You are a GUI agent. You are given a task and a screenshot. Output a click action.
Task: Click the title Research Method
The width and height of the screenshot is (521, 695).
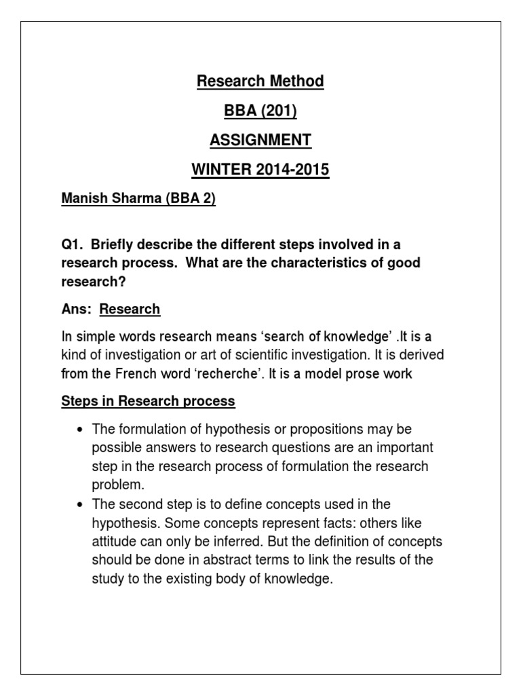click(x=260, y=81)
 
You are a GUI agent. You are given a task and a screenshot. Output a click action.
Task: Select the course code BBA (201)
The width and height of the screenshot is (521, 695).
click(x=260, y=111)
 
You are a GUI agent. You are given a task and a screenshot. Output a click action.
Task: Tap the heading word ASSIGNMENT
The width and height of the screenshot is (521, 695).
click(x=260, y=140)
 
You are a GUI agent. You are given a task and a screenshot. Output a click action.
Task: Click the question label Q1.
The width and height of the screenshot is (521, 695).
click(x=72, y=244)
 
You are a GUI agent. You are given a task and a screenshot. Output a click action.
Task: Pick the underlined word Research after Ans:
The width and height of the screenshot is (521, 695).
click(x=130, y=309)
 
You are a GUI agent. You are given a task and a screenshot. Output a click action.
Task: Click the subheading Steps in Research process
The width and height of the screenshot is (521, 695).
click(x=148, y=401)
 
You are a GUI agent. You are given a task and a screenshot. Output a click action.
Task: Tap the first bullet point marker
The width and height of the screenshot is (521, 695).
click(x=81, y=430)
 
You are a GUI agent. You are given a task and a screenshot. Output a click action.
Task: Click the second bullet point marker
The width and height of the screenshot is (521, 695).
click(x=81, y=505)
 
